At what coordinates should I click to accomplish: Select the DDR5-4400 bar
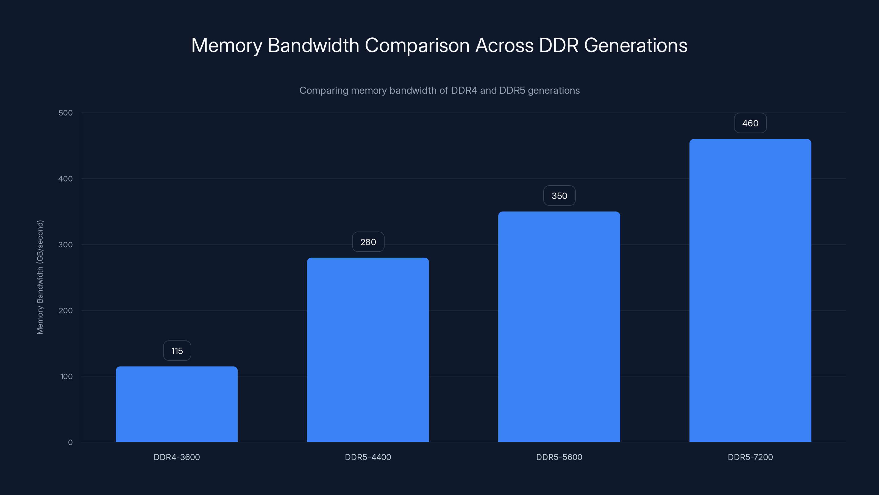(368, 350)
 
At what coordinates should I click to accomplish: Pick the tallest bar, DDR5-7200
(750, 290)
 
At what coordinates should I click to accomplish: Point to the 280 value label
(368, 242)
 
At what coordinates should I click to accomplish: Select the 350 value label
(559, 196)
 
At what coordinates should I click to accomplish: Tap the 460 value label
(750, 123)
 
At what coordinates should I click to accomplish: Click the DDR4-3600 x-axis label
(177, 457)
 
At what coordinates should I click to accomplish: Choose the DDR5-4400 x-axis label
(368, 457)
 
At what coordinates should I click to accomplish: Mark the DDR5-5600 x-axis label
(559, 457)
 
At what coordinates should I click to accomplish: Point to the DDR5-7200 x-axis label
(750, 457)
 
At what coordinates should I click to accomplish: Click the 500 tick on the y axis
(66, 113)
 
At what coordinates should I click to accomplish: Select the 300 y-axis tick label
(66, 244)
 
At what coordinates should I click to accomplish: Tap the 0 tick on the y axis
(70, 442)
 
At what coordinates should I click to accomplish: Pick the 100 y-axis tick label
(66, 376)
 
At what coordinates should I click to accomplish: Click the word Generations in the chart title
(635, 45)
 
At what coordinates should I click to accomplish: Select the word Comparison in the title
(417, 45)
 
